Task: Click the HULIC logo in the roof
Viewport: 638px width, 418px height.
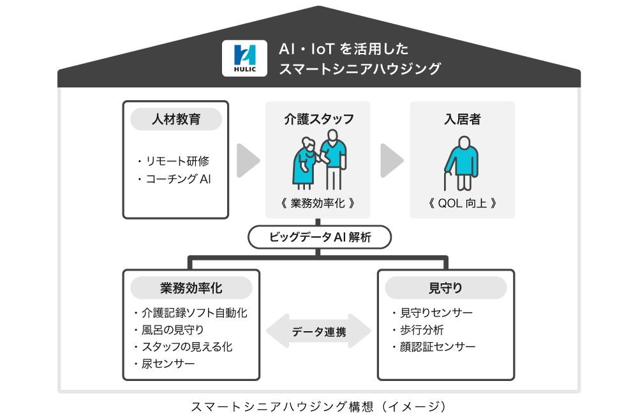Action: coord(244,58)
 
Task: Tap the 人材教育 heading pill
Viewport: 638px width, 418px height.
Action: coord(176,119)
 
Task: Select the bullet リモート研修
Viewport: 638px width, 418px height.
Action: coord(174,161)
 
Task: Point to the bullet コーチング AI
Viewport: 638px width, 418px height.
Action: coord(174,179)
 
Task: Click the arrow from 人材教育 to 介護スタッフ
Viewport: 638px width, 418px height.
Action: coord(248,160)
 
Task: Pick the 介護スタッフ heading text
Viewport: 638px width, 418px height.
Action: coord(318,119)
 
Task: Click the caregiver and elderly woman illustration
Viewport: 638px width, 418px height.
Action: coord(320,160)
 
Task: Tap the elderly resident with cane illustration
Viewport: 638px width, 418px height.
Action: coord(461,163)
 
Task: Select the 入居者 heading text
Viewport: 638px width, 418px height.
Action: coord(462,119)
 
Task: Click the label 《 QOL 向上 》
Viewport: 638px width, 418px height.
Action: coord(462,203)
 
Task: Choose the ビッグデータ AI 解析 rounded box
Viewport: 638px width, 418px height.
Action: coord(320,237)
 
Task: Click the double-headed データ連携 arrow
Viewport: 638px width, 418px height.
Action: coord(318,331)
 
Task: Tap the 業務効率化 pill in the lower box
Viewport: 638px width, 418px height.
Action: coord(191,288)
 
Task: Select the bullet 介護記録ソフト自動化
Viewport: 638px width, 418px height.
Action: coord(190,313)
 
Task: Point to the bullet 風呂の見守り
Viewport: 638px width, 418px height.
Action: coord(168,330)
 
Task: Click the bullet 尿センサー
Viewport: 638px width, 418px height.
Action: coord(164,364)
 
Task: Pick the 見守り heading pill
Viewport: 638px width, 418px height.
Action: coord(446,288)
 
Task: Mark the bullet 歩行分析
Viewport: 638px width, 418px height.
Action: coord(417,330)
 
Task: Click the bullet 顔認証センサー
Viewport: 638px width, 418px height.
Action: coord(433,347)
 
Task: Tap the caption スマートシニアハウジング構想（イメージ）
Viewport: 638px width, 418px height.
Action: coord(318,407)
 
